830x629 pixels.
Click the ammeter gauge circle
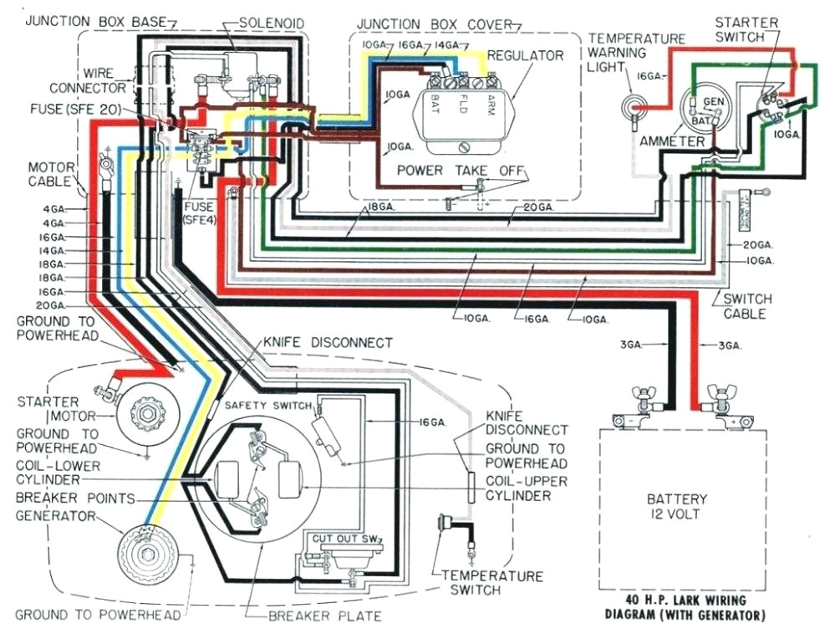click(700, 109)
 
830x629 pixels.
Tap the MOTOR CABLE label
click(52, 173)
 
